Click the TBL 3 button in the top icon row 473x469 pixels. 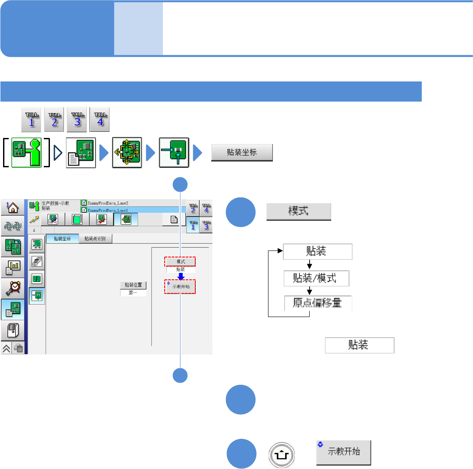tap(78, 120)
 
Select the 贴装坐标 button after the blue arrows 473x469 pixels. tap(242, 153)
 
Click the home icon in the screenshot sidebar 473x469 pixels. tap(13, 207)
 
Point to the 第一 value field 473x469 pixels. tap(133, 293)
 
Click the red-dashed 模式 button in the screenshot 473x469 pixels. tap(180, 261)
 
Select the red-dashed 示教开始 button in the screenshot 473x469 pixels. tap(180, 287)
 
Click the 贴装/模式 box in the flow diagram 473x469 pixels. tap(316, 279)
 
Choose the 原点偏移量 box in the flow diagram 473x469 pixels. tap(318, 303)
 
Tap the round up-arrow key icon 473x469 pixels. tap(280, 452)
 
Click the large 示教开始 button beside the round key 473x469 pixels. tap(344, 452)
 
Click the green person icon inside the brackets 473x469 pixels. tap(26, 153)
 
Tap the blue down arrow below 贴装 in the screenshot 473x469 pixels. tap(180, 276)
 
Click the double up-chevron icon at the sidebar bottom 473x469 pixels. tap(7, 349)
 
